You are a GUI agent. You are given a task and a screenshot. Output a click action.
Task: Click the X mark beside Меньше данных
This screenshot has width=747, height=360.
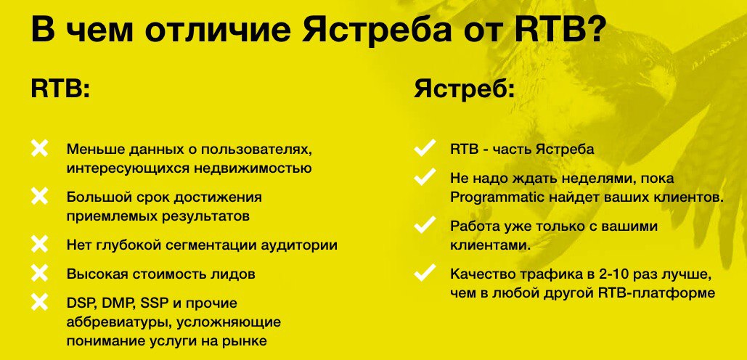tap(39, 148)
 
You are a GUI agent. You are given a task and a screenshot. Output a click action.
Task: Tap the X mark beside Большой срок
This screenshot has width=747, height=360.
tap(39, 196)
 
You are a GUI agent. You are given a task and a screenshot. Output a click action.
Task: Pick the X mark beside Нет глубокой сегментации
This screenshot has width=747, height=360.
tap(39, 245)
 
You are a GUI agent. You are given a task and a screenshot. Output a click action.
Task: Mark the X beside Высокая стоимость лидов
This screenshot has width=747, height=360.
tap(39, 274)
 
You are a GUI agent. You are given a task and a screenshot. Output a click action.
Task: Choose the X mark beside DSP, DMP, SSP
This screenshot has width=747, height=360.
tap(39, 302)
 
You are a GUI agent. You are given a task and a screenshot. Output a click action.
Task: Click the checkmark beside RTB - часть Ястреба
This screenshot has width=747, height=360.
tap(425, 148)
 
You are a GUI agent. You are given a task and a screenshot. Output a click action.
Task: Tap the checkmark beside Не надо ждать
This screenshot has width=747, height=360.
tap(425, 177)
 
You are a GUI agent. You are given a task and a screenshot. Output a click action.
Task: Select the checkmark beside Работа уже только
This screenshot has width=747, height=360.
tap(425, 225)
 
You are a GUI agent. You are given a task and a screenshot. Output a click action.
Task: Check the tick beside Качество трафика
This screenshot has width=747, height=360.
tap(425, 274)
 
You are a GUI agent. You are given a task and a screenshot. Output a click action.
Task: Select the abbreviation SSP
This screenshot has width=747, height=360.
tap(162, 303)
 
